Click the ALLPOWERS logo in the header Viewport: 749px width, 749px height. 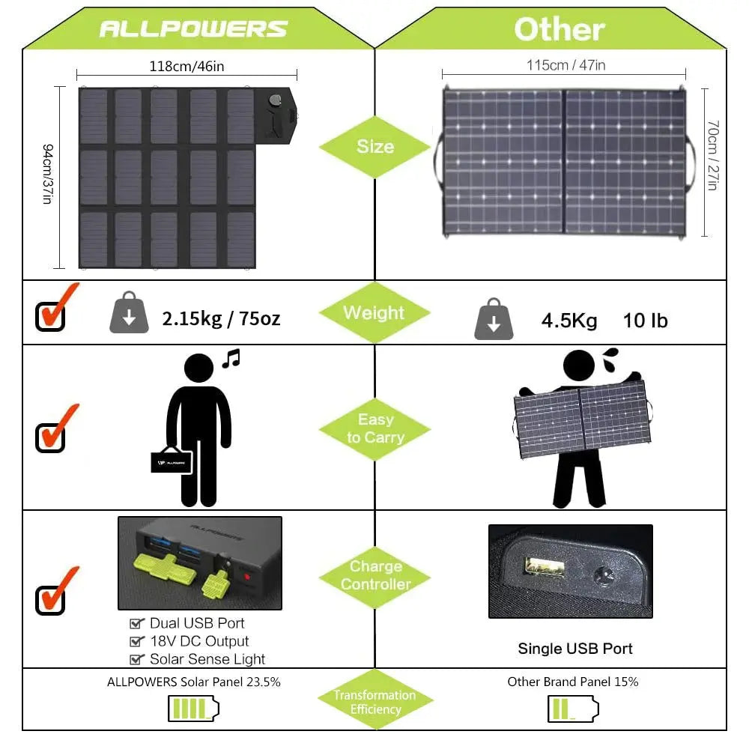[193, 29]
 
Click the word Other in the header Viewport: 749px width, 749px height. [559, 29]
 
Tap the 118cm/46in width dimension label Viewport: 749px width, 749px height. [187, 66]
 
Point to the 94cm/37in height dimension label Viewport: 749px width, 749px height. [47, 175]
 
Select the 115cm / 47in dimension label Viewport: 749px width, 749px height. [565, 65]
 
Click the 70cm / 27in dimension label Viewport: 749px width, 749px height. [712, 161]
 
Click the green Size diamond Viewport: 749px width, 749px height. [374, 146]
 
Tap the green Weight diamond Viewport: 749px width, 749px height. [374, 313]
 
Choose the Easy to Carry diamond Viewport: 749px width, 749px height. [374, 428]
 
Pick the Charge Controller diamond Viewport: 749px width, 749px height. [375, 575]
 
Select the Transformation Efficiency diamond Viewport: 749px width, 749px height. [375, 702]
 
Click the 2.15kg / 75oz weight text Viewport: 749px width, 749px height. [221, 318]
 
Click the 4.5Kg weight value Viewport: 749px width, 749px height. [569, 321]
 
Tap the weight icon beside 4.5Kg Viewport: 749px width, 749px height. [494, 319]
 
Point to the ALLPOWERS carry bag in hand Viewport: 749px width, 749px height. [172, 461]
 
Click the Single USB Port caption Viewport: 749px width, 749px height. [574, 649]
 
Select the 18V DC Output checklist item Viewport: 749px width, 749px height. [198, 641]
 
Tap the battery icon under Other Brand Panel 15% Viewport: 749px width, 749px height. [573, 708]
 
